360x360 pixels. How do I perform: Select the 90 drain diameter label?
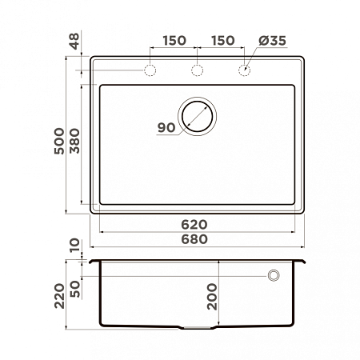[x=166, y=128]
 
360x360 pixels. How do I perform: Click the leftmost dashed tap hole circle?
[x=150, y=71]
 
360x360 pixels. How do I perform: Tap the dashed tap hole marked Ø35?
[x=245, y=71]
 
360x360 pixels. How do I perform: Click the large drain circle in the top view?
[x=198, y=116]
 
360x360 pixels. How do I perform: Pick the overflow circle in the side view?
[x=274, y=275]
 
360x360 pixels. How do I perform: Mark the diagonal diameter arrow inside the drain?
[x=200, y=114]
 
